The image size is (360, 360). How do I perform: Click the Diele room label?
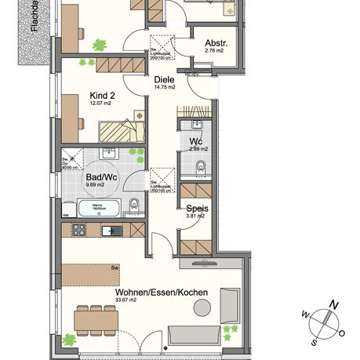(163, 79)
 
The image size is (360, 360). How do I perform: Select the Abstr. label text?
(215, 43)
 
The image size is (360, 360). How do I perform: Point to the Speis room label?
(196, 209)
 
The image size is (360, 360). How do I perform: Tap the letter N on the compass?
(333, 304)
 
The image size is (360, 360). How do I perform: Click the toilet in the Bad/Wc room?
(134, 206)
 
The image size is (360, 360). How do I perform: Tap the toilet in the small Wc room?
(201, 165)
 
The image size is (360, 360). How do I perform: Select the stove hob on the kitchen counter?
(78, 230)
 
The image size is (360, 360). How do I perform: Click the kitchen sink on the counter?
(116, 230)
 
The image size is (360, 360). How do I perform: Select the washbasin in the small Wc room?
(195, 125)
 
